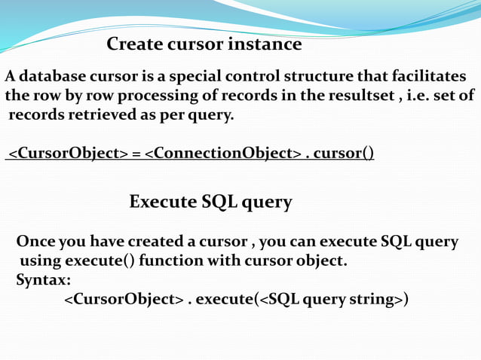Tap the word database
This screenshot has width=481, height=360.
(54, 77)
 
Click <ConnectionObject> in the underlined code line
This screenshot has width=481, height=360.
(223, 154)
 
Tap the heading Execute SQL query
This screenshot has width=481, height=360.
(210, 202)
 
